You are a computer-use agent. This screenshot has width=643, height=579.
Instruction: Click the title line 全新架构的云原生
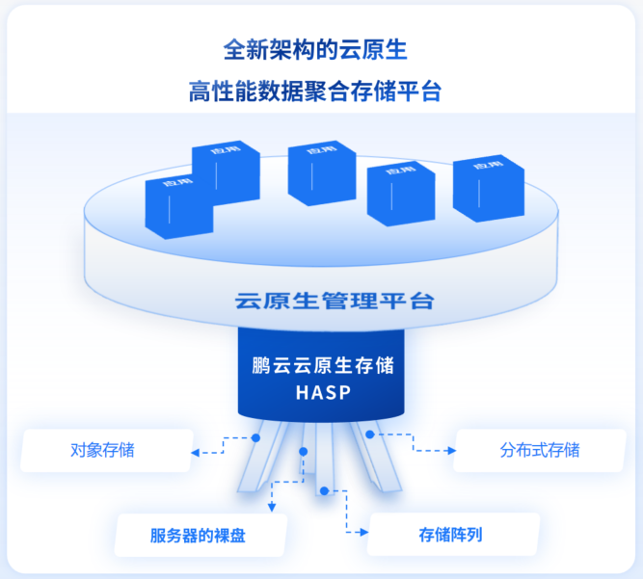click(x=321, y=48)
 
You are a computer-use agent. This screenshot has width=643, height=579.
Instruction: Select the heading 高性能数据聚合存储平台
click(x=321, y=92)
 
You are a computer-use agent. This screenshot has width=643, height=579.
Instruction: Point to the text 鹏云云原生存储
click(x=322, y=367)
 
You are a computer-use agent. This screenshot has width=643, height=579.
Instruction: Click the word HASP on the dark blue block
click(x=322, y=393)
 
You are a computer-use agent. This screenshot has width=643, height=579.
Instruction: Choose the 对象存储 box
click(x=106, y=450)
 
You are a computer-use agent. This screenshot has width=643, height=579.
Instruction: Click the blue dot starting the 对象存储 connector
click(x=256, y=436)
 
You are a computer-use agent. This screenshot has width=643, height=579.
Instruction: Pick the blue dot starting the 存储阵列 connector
click(x=324, y=491)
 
